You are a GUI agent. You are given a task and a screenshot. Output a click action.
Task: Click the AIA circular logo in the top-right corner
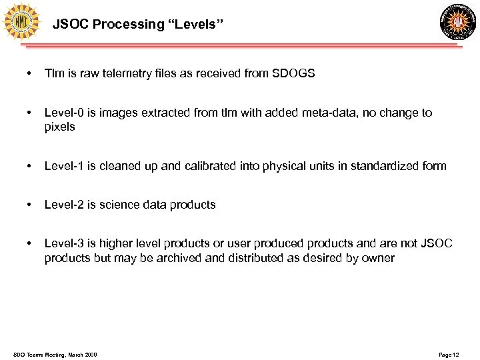tap(459, 22)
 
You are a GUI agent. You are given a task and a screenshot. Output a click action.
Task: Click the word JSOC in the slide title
tap(71, 25)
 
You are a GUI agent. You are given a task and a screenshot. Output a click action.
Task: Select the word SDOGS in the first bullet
tap(294, 73)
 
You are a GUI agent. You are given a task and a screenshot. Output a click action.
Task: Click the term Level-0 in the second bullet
tap(64, 113)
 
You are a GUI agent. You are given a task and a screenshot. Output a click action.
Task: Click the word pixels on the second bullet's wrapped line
tap(59, 127)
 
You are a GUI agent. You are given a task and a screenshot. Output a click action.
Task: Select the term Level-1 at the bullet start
tap(64, 166)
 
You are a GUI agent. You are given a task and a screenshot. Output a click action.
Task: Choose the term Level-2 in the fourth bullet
tap(64, 205)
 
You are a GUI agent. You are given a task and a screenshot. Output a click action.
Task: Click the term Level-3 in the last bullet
tap(64, 244)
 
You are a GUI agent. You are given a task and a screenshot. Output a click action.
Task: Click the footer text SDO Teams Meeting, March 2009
tap(55, 355)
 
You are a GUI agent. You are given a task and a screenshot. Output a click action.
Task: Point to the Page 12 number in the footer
tap(449, 355)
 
